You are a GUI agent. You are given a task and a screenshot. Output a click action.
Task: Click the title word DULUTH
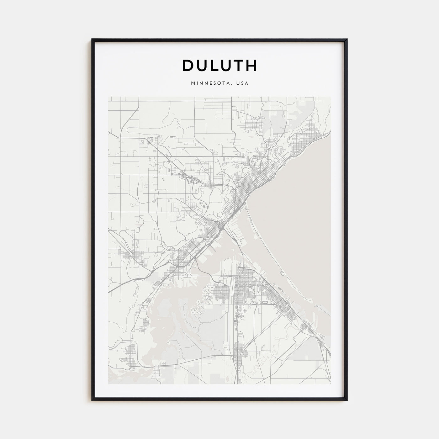(219, 65)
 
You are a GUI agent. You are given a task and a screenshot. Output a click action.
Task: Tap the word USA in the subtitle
(243, 83)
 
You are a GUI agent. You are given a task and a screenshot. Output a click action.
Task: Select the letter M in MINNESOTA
(192, 83)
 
